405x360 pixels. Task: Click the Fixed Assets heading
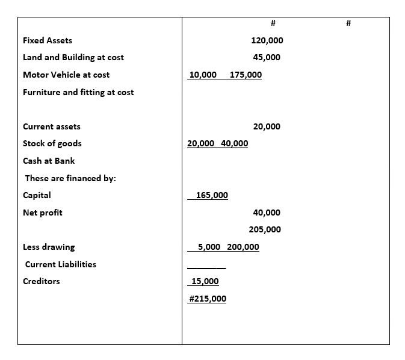47,40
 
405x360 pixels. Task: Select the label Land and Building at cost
73,57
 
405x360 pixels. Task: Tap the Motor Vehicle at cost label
66,75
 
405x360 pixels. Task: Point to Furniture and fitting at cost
78,92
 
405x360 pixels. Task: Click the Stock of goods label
52,143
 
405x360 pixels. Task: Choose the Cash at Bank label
49,161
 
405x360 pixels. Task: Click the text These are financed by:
70,178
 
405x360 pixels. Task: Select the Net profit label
42,213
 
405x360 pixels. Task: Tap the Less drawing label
49,247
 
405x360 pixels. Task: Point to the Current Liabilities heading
60,264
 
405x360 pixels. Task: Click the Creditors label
41,281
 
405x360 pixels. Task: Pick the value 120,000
267,40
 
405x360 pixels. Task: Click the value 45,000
267,57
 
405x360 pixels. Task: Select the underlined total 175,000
246,75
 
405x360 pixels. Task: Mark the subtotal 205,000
265,229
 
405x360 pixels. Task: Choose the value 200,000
243,247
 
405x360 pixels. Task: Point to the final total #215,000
208,299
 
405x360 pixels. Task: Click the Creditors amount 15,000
205,281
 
